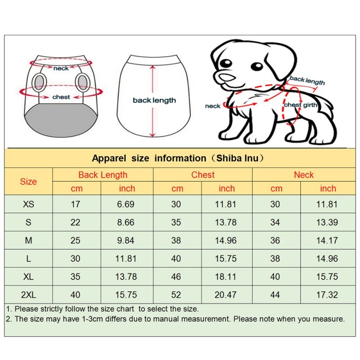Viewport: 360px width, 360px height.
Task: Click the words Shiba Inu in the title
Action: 237,158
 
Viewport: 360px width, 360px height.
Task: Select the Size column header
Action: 28,182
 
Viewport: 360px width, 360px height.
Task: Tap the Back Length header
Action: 103,175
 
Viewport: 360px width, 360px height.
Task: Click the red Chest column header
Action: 203,175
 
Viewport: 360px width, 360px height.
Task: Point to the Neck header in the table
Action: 304,175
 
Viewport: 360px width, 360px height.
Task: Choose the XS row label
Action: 28,204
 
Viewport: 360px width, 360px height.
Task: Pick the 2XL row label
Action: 28,295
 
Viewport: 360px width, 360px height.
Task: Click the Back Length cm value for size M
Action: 75,240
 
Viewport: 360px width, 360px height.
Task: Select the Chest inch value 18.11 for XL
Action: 225,277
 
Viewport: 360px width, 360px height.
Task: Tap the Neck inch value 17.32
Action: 327,295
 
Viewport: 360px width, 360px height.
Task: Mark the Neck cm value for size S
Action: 275,222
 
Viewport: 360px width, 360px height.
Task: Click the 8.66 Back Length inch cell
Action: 126,222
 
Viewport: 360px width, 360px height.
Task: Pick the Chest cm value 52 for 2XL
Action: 176,295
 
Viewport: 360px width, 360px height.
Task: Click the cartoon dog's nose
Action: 227,77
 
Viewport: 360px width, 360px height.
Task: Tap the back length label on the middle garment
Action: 154,100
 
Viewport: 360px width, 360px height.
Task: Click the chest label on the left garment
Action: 61,97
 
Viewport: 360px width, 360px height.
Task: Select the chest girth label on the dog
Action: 301,105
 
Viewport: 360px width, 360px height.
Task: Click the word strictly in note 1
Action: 52,309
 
